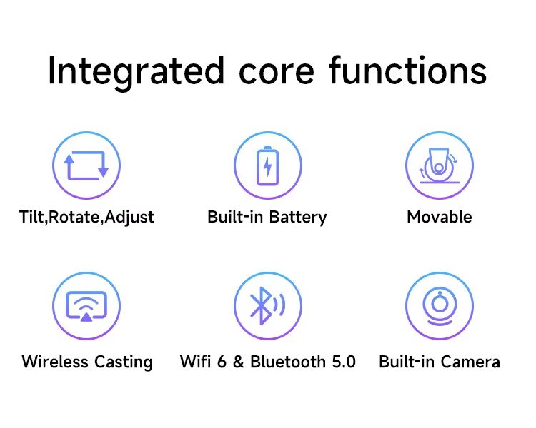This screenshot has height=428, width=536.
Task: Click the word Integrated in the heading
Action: coord(136,71)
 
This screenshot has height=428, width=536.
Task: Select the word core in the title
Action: coord(276,72)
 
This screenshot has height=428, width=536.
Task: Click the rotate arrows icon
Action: coord(86,165)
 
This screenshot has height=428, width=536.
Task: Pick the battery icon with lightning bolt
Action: coord(268,165)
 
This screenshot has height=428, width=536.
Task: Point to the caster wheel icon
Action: coord(440,165)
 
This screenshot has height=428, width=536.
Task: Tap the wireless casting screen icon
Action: coord(86,306)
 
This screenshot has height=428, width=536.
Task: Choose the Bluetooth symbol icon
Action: coord(268,306)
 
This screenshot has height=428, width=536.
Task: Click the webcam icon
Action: coord(440,306)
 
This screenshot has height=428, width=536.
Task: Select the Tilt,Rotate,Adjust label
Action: coord(86,218)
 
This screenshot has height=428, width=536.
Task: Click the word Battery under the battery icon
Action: coord(298,218)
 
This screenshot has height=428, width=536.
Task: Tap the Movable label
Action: coord(440,217)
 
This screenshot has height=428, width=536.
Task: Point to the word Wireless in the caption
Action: coord(55,362)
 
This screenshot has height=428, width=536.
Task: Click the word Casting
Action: coord(124,362)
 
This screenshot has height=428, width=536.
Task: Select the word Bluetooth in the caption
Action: coord(288,362)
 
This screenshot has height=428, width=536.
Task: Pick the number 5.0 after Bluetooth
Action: coord(344,362)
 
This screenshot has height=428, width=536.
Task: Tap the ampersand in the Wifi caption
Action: coord(238,362)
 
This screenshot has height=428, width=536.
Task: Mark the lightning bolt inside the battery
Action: coord(268,166)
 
